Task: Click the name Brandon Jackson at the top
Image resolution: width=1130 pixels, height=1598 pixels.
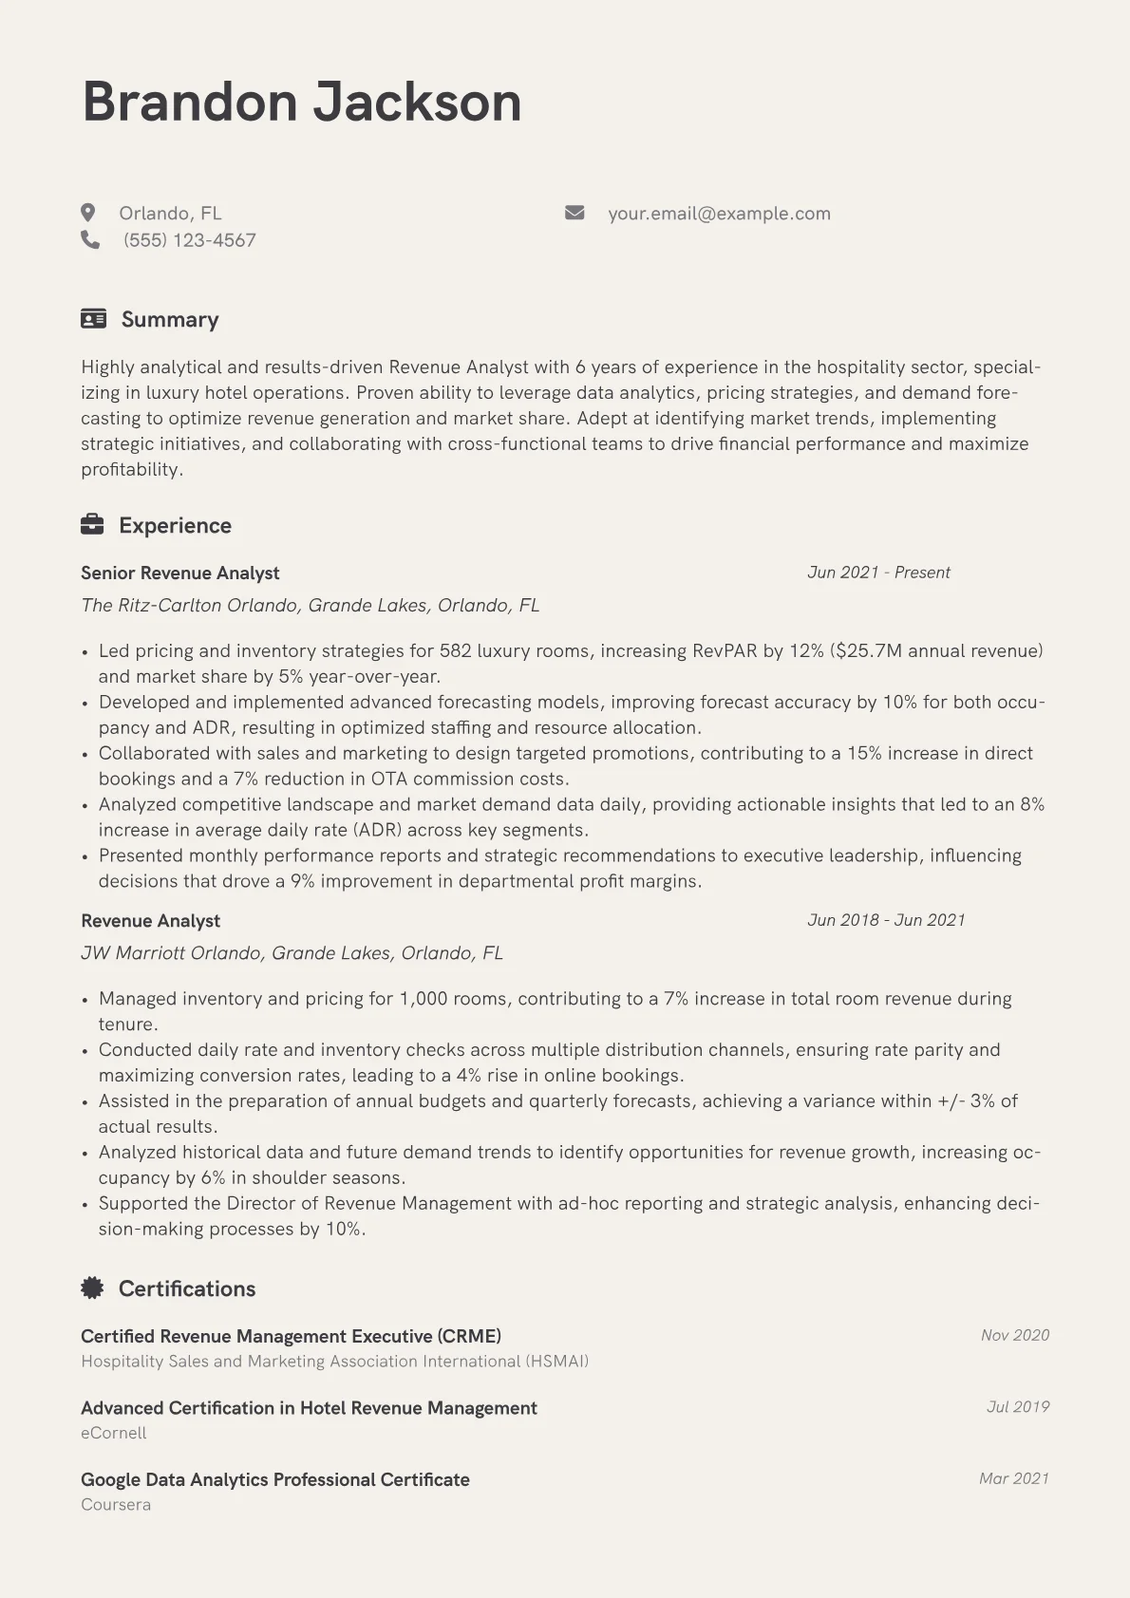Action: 302,103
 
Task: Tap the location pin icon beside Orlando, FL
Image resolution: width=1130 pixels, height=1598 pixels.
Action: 88,213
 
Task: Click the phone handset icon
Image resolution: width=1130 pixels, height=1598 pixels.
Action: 90,240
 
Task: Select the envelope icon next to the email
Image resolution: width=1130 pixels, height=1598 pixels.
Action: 574,213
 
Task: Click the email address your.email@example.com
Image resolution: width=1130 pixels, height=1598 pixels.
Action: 719,214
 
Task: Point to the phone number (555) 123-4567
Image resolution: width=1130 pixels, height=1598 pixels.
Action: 190,240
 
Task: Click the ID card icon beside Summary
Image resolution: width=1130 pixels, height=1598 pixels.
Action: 93,319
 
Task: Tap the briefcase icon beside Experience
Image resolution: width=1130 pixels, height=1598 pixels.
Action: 92,525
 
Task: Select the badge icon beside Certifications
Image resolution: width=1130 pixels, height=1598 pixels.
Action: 92,1288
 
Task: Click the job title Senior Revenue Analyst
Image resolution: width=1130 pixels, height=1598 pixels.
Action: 180,573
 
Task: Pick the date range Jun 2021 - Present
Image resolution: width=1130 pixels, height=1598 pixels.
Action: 878,573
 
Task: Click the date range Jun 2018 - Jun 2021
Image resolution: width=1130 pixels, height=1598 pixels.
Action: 886,920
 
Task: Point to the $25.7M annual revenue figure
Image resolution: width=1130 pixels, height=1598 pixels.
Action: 936,651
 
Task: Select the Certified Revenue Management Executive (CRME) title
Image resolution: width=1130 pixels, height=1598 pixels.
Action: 291,1336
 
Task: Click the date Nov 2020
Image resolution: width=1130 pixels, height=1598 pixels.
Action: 1014,1335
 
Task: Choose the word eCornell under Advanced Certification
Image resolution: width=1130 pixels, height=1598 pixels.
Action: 114,1433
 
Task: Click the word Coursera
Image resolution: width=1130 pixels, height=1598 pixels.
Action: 116,1504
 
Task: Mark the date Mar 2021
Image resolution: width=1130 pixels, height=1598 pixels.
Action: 1013,1478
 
